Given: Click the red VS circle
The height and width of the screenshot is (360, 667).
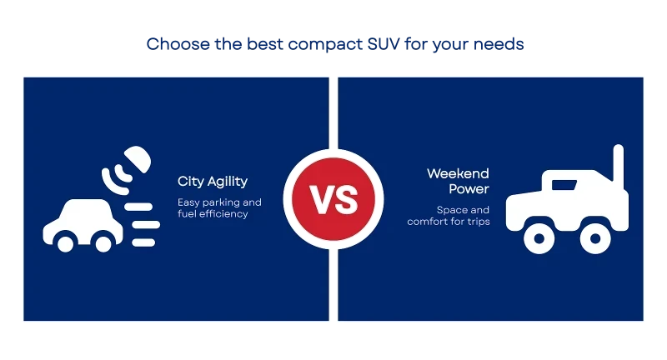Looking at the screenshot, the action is point(333,199).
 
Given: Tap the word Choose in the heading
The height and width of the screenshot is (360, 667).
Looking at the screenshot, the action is point(178,44).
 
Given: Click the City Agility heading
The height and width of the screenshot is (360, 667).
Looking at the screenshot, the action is point(213,182).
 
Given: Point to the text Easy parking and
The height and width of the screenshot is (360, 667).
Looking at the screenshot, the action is point(219,202).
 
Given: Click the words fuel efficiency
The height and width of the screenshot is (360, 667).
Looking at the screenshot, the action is point(213,214).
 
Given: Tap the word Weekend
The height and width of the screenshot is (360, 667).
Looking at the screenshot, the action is point(458,173).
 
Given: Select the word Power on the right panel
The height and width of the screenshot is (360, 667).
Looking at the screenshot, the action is point(469,188).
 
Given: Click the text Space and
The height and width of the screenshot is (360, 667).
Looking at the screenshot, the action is point(463,210).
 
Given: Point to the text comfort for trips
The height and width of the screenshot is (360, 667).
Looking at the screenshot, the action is point(449,222).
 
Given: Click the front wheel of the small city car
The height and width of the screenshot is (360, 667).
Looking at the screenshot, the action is point(66,243).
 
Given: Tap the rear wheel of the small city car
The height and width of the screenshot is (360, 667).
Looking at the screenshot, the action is point(103,243).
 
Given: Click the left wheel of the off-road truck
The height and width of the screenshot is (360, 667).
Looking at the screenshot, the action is point(539,238).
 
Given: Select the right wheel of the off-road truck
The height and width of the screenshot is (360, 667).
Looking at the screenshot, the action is point(595,238).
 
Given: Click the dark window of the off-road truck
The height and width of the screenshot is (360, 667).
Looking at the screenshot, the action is point(564,185).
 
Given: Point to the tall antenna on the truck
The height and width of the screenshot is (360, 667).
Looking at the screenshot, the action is point(618,163).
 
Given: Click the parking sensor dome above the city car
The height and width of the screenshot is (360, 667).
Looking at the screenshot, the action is point(138,159).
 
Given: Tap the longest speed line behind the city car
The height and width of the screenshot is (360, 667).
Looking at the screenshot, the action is point(146,225).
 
